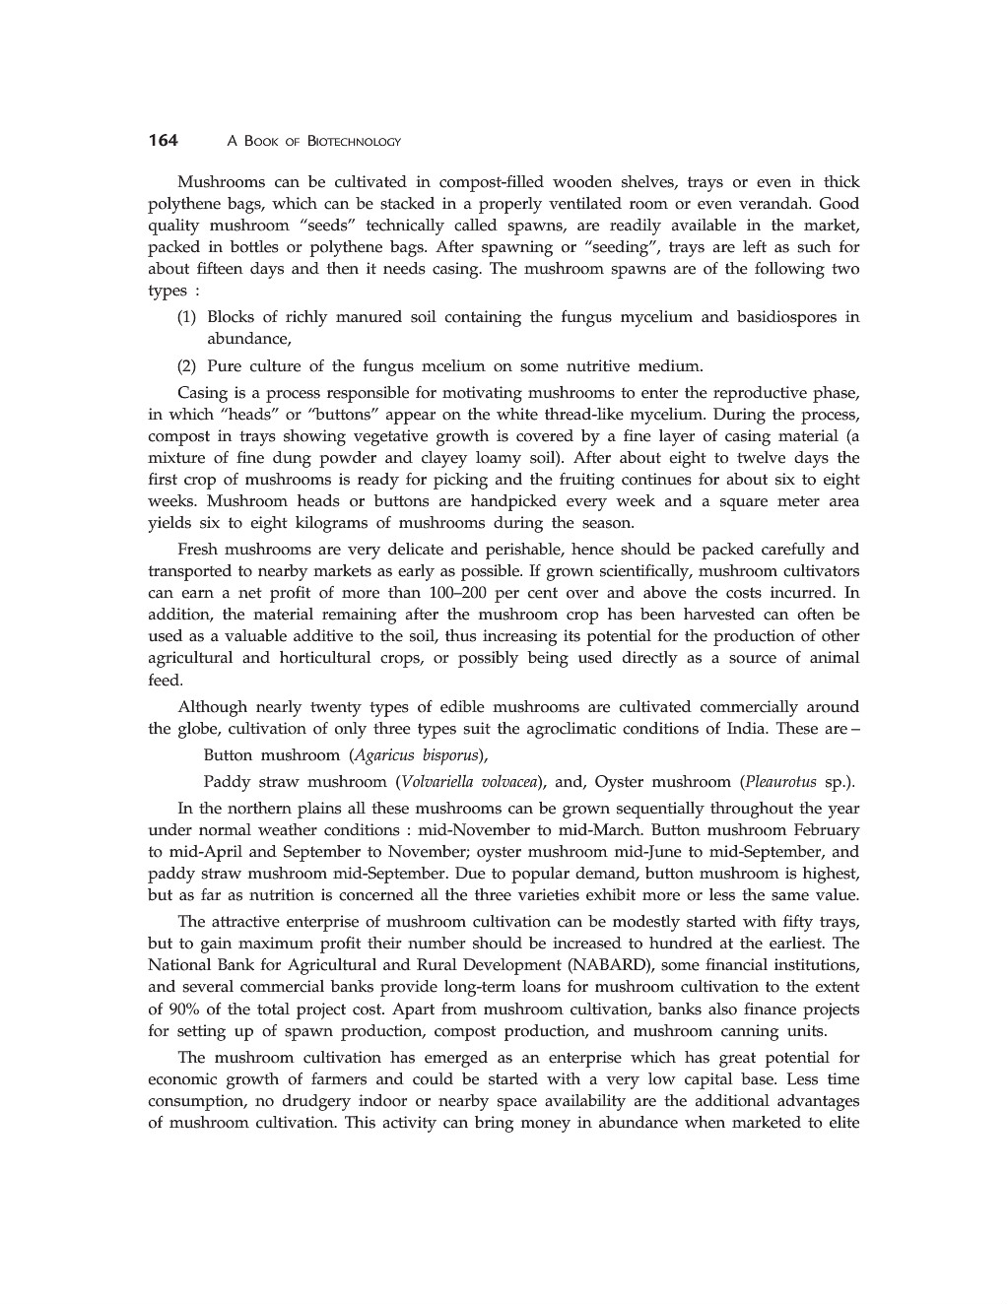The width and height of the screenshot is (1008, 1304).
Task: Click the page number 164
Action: (x=163, y=140)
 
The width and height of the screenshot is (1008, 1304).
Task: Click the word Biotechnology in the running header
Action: (x=354, y=142)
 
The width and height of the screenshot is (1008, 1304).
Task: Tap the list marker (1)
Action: (x=187, y=317)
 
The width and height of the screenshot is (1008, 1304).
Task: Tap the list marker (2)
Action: (x=187, y=366)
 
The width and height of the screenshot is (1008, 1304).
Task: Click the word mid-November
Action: (x=476, y=830)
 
